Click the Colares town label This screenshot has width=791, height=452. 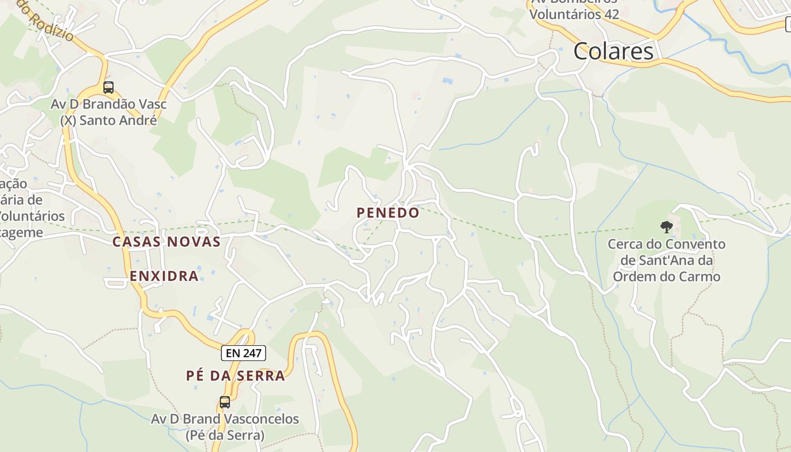[x=614, y=51]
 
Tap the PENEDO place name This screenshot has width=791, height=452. [x=388, y=213]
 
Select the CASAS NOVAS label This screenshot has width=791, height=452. [x=166, y=242]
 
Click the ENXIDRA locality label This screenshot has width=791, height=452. [x=164, y=276]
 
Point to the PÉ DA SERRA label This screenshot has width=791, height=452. [x=236, y=376]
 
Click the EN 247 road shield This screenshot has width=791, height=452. [x=243, y=353]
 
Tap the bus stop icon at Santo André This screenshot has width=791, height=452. [x=108, y=88]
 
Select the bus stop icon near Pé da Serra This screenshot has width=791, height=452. [x=225, y=402]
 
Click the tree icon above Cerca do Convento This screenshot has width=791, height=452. [x=667, y=227]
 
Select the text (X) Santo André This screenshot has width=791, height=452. [x=108, y=120]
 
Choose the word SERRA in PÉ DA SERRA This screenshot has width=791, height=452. [x=264, y=376]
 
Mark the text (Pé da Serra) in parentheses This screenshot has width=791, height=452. [x=224, y=436]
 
